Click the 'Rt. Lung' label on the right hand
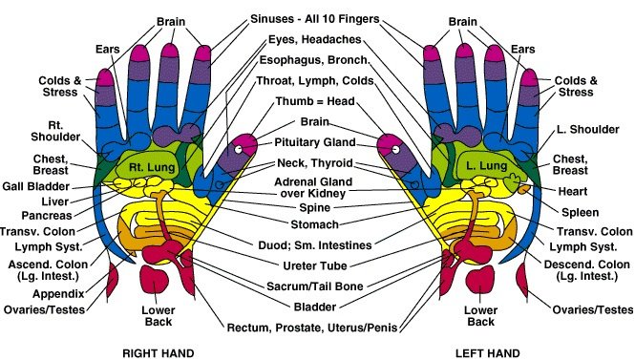coord(149,168)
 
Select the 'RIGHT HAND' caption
coord(159,352)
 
